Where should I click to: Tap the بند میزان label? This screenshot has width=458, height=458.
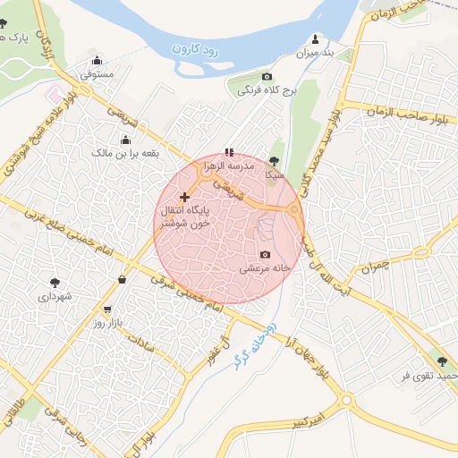315,54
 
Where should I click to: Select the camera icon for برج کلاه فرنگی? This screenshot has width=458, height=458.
267,77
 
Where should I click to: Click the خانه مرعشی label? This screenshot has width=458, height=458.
263,268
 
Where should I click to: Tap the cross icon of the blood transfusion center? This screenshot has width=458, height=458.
185,197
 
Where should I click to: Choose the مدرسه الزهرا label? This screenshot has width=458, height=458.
230,166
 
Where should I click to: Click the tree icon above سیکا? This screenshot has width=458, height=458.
274,161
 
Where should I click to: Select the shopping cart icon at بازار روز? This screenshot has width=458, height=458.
108,309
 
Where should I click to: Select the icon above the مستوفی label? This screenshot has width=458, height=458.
97,62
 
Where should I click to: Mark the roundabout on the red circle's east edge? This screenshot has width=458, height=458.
294,211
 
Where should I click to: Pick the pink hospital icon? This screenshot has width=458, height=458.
55,93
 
